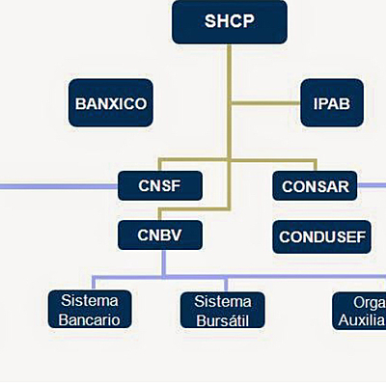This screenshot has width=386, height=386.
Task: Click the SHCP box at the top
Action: [x=230, y=21]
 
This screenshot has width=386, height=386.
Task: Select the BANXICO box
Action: [x=111, y=103]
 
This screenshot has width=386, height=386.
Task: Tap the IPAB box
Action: [x=324, y=102]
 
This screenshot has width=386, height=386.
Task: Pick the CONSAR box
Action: [x=315, y=184]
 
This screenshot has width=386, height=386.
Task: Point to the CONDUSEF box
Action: [x=322, y=236]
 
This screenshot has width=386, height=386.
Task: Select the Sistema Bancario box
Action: [x=90, y=310]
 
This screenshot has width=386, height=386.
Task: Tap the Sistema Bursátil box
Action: [x=222, y=310]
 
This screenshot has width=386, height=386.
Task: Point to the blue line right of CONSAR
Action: [x=372, y=184]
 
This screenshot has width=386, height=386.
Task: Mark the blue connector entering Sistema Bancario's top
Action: [x=90, y=283]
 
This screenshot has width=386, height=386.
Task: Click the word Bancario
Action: [x=90, y=319]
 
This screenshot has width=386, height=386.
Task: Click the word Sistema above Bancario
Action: [x=90, y=300]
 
